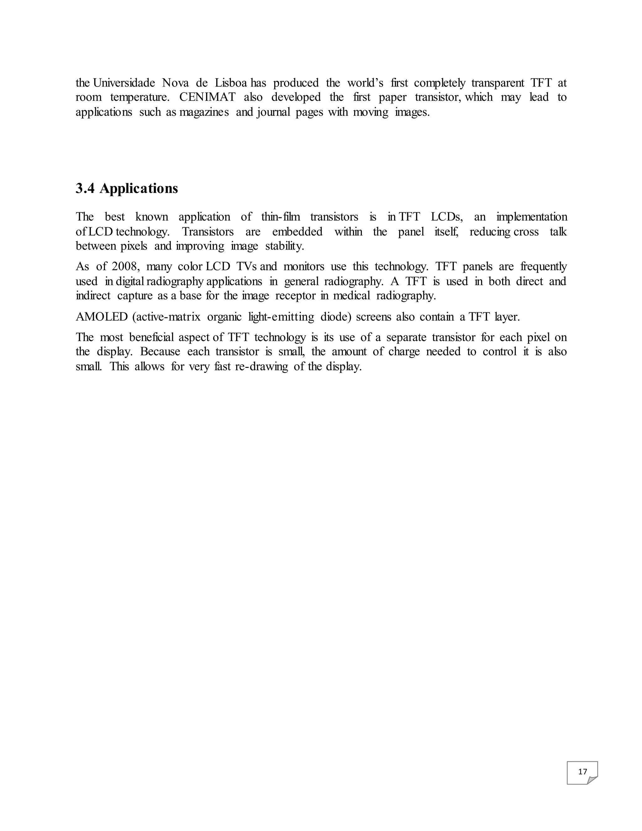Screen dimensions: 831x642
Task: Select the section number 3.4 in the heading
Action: coord(85,188)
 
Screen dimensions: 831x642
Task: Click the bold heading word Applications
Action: coord(139,188)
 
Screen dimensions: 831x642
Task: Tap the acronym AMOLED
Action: coord(102,317)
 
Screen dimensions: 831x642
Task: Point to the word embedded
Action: coord(297,232)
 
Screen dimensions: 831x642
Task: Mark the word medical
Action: coord(351,296)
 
